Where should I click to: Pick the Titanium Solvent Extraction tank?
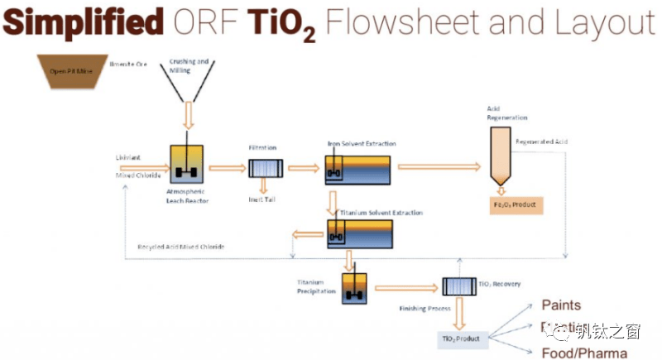(x=360, y=234)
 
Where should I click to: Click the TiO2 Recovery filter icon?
(x=456, y=286)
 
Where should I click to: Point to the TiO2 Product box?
(x=462, y=338)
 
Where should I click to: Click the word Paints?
(x=561, y=305)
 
